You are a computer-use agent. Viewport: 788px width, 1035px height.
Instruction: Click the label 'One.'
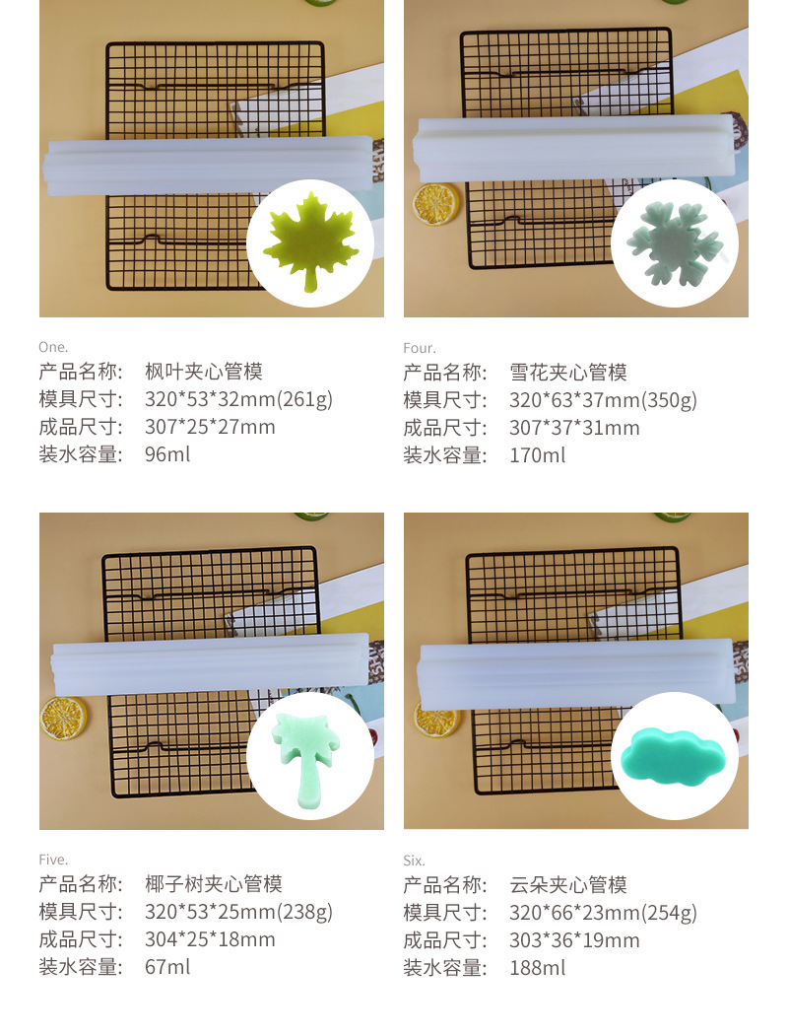[53, 347]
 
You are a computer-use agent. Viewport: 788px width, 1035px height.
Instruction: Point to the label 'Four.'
[419, 348]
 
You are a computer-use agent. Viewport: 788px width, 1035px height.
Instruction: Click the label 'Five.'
[53, 860]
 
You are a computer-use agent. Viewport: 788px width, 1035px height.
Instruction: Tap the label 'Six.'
[414, 861]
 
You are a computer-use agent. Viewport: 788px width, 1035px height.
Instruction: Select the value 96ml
[167, 454]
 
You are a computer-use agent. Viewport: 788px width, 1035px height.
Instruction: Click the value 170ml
[537, 455]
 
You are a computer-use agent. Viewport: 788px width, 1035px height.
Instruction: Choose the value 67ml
[167, 967]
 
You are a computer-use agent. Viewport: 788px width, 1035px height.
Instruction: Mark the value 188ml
[537, 968]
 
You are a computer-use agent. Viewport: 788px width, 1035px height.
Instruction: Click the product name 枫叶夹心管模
[204, 372]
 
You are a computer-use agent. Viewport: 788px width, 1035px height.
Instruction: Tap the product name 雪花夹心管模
[568, 373]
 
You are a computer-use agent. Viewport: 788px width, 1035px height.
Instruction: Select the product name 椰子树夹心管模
[214, 884]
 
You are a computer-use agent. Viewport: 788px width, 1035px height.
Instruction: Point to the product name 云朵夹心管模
[568, 885]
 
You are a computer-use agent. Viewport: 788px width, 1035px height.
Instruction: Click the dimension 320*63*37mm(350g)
[603, 400]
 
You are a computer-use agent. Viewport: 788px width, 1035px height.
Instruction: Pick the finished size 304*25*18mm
[210, 939]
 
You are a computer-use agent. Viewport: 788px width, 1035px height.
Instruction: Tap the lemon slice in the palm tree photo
[63, 718]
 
